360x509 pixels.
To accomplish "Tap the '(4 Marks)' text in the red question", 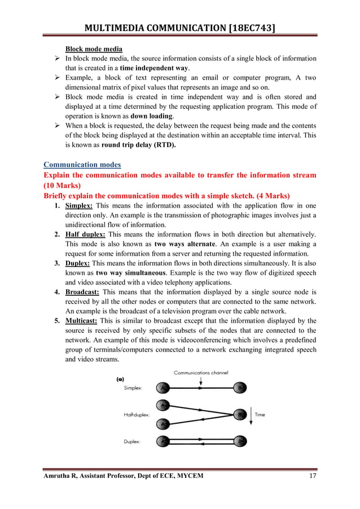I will pos(266,195).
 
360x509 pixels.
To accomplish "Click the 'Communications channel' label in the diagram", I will pos(200,372).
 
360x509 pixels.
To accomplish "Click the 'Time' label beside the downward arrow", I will pos(260,415).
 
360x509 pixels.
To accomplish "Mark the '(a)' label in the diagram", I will pos(120,380).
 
